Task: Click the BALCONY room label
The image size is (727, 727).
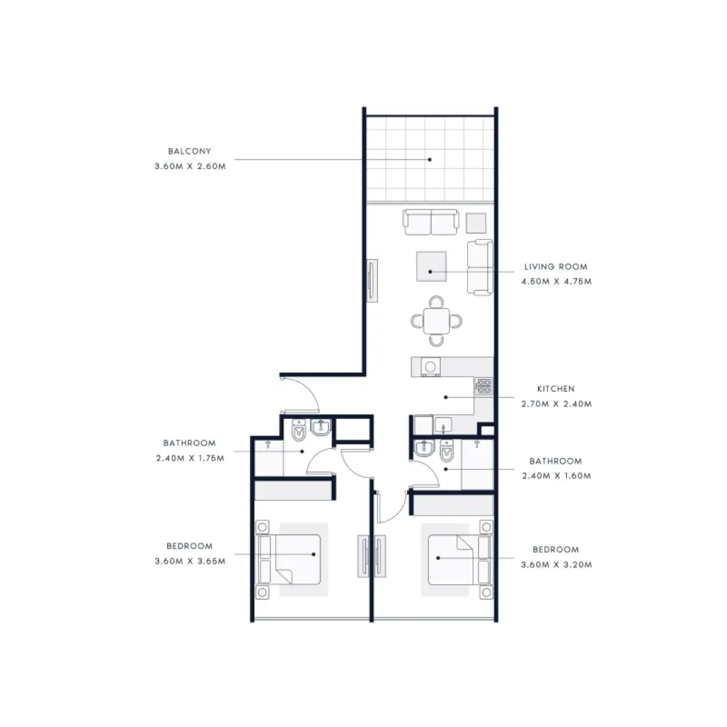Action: point(190,151)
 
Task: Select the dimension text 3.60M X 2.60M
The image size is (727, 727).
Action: point(190,167)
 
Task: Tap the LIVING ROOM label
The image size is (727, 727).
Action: point(555,267)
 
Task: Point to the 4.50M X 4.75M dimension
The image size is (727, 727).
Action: point(556,282)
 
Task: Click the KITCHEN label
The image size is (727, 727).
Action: point(555,389)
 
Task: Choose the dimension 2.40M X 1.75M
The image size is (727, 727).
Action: point(190,458)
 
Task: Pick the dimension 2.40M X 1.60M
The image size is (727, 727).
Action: point(556,476)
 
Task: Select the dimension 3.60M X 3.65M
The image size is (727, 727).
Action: point(190,561)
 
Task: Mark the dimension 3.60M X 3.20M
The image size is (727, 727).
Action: point(556,565)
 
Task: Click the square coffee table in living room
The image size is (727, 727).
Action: point(431,266)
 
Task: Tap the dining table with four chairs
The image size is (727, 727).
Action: point(436,321)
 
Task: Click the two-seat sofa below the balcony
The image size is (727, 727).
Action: point(431,223)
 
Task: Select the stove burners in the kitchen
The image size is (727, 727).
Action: point(484,387)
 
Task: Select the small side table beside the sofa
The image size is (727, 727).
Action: point(476,223)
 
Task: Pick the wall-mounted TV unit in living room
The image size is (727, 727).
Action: point(373,282)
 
